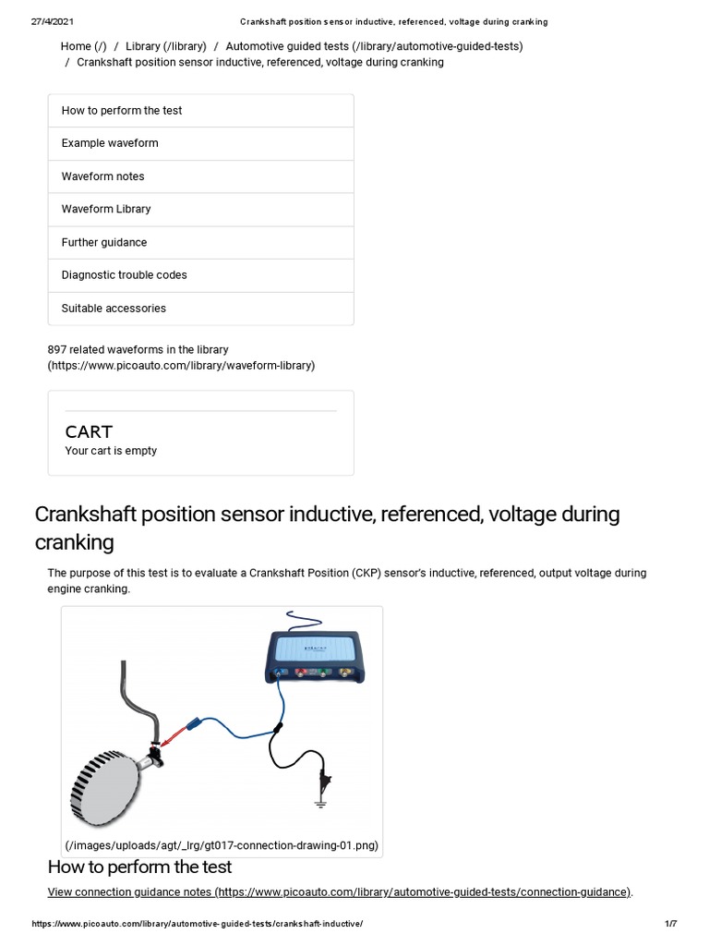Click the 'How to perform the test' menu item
(122, 111)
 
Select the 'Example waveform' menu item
(110, 143)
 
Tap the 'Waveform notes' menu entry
(102, 176)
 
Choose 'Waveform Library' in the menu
(106, 209)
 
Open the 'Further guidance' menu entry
(104, 242)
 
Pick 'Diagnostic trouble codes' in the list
(124, 275)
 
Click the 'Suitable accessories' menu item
(114, 309)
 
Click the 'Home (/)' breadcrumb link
(83, 46)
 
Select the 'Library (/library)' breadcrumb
(165, 46)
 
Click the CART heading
(89, 431)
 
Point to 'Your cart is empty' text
(111, 451)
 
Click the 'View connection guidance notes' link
(340, 891)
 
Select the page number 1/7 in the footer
(671, 924)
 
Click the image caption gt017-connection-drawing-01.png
(222, 845)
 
